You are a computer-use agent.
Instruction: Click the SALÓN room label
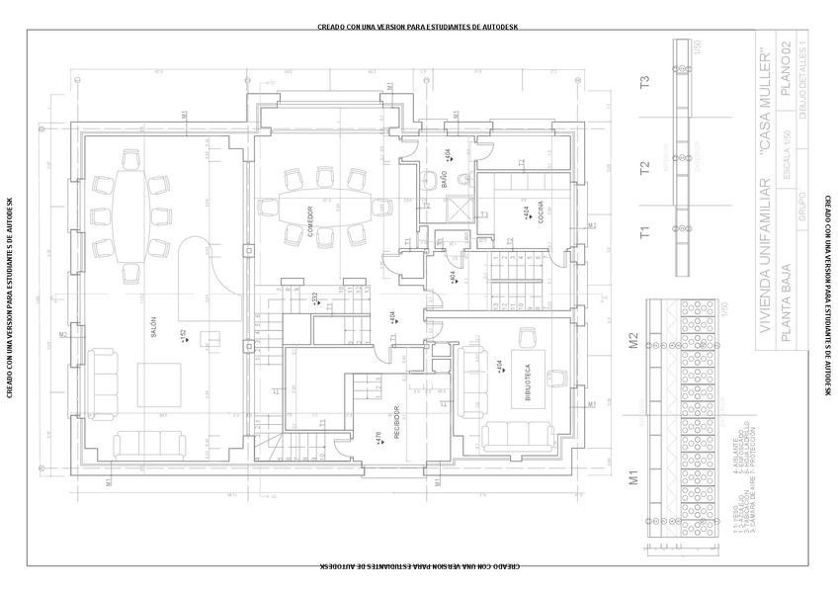[154, 326]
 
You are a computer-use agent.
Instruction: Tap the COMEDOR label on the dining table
[309, 216]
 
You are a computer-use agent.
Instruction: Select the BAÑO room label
[444, 179]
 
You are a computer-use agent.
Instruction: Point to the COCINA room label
[542, 214]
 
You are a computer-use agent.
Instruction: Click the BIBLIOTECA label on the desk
[529, 377]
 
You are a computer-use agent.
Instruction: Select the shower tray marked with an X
[461, 210]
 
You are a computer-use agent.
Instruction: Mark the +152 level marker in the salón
[184, 338]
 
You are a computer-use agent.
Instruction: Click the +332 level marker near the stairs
[315, 298]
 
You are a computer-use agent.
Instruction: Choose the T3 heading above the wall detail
[645, 83]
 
